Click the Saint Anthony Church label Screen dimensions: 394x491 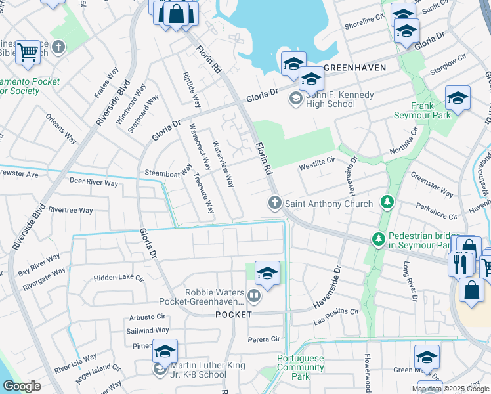[x=328, y=204]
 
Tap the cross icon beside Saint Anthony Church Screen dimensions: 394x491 [x=274, y=204]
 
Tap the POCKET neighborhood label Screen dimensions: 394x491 [x=233, y=315]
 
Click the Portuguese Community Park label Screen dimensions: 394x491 [x=301, y=368]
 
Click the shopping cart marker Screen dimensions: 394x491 [x=28, y=51]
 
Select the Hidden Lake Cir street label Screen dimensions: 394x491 [x=118, y=278]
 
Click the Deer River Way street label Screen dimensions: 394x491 [x=94, y=183]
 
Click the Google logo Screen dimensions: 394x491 [x=22, y=386]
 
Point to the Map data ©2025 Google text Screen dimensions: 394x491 [x=449, y=389]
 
